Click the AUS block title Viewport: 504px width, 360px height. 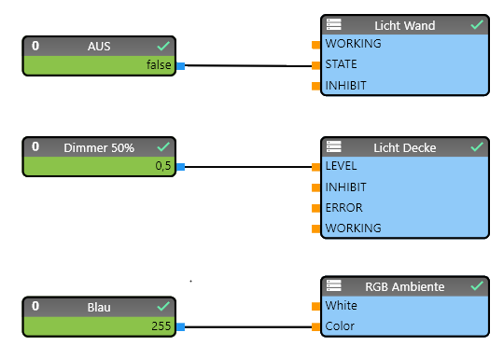tap(98, 46)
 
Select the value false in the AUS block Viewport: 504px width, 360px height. tap(158, 65)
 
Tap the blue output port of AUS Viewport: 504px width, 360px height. tap(181, 66)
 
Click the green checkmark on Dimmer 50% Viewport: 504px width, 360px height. tap(163, 146)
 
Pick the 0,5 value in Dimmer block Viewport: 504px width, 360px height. tap(162, 166)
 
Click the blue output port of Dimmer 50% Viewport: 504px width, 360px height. tap(181, 167)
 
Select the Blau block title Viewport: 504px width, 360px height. tap(98, 306)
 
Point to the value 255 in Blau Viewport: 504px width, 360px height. tap(161, 326)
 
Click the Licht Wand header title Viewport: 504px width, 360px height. tap(404, 25)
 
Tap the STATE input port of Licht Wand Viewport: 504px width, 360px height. tap(316, 66)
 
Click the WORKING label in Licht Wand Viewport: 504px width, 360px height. tap(353, 44)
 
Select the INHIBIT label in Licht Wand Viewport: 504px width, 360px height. tap(345, 86)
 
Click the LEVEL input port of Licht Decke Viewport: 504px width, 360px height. tap(316, 167)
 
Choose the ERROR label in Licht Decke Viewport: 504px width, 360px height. tap(343, 208)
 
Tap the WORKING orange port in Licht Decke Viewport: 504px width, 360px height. tap(316, 229)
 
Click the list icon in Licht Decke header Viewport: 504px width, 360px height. tap(334, 147)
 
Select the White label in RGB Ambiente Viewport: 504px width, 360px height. tap(341, 306)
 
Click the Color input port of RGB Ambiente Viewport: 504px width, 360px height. tap(316, 327)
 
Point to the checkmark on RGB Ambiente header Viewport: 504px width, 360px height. tap(477, 285)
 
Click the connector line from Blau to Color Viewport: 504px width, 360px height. tap(247, 327)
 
